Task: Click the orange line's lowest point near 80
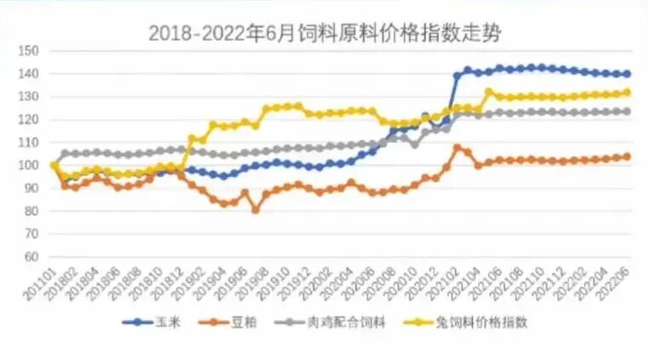click(255, 209)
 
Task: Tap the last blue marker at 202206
click(627, 74)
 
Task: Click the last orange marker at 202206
click(627, 157)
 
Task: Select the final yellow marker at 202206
click(627, 92)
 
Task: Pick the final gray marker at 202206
click(627, 111)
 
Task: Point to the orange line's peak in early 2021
click(456, 147)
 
